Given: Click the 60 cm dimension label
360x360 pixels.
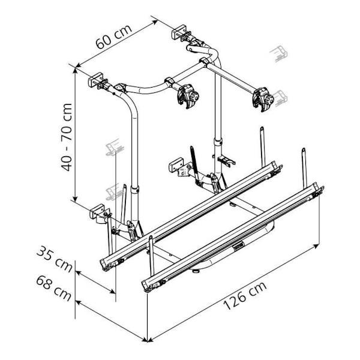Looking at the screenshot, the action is [114, 37].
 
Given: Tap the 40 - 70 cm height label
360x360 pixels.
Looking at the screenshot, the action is [67, 137].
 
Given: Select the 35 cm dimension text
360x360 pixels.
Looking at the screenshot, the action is [55, 259].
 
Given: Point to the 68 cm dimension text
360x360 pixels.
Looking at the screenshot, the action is [54, 288].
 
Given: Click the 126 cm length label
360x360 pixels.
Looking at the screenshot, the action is [245, 295].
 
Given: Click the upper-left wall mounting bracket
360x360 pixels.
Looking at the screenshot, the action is [96, 80].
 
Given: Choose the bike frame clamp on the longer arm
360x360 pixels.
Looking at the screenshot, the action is [263, 99].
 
